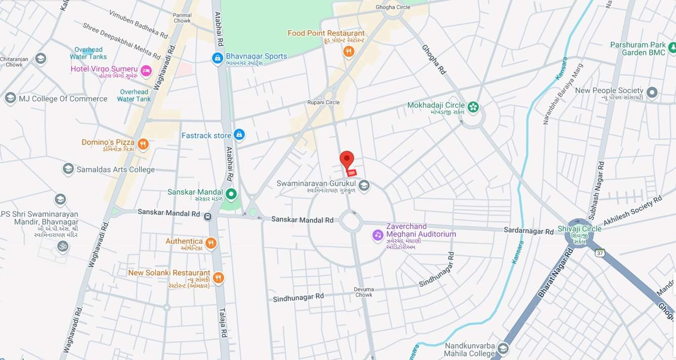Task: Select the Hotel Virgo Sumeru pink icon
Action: point(146,71)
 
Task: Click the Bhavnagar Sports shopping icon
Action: point(218,59)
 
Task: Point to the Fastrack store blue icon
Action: point(239,134)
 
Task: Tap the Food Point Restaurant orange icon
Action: point(349,51)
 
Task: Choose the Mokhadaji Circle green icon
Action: point(473,107)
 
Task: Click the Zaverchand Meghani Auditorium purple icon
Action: point(378,235)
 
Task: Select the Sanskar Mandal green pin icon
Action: point(231,194)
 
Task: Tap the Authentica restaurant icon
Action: point(211,243)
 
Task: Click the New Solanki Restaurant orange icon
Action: point(219,278)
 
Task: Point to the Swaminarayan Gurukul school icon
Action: point(364,186)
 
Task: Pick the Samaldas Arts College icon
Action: point(68,169)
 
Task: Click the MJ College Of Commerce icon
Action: point(10,98)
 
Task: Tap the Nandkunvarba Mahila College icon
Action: point(503,349)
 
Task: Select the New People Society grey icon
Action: point(652,93)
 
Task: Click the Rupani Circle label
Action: point(323,102)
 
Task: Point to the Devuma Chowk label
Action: point(363,292)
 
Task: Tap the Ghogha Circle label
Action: point(393,7)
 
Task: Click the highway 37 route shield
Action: point(600,252)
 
